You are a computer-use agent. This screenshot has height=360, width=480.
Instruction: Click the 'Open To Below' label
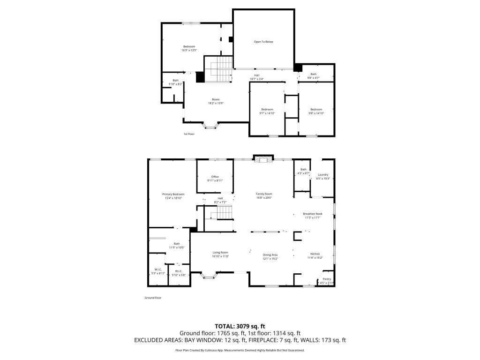(263, 42)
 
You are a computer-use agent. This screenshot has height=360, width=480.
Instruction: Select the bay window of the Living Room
(209, 275)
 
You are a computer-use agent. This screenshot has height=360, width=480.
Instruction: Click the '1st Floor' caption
(188, 134)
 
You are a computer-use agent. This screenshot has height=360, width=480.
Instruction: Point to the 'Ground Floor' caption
(153, 298)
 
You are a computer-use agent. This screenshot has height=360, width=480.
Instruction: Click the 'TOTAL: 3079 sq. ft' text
(240, 326)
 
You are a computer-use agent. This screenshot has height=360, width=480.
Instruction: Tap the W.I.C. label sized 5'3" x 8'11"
(158, 271)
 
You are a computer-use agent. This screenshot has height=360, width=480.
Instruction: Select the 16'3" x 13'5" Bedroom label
(189, 48)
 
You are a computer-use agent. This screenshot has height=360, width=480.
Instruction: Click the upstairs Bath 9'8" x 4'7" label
(313, 75)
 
